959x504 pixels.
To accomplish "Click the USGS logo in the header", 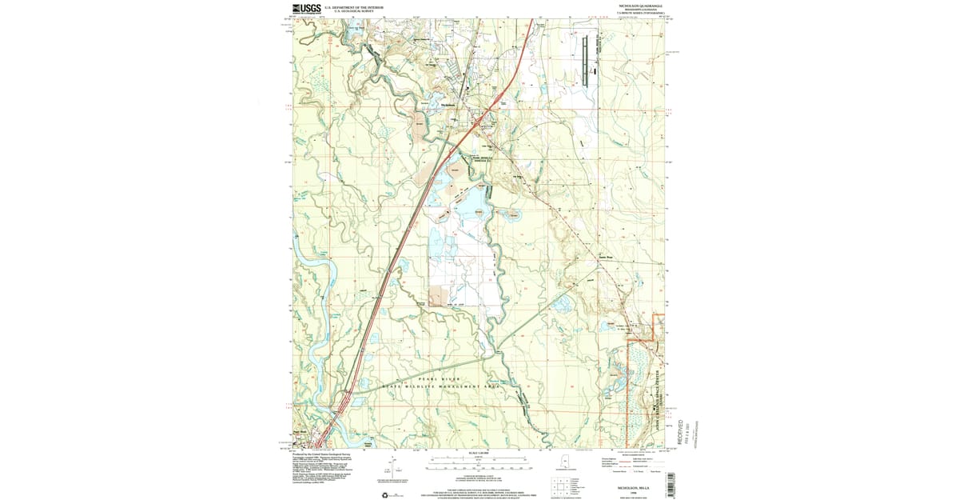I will click(x=307, y=9).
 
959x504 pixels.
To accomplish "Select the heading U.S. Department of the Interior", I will click(x=354, y=6).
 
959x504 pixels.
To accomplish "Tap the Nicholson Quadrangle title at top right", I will click(x=640, y=6).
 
